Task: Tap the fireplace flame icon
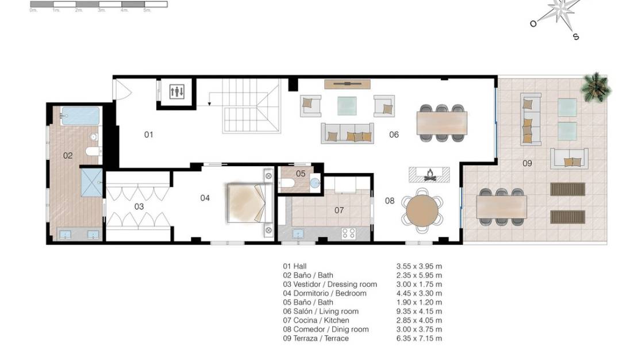(429, 174)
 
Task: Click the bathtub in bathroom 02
(80, 116)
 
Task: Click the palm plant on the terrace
(596, 87)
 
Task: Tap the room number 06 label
(394, 135)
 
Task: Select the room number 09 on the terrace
(527, 163)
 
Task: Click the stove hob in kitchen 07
(348, 233)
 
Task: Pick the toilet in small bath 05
(288, 183)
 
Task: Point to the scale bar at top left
(98, 4)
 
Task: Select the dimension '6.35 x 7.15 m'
(419, 338)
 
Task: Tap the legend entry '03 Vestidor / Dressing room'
(330, 284)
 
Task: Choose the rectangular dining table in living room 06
(441, 122)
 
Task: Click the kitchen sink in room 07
(298, 233)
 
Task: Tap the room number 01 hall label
(148, 135)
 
